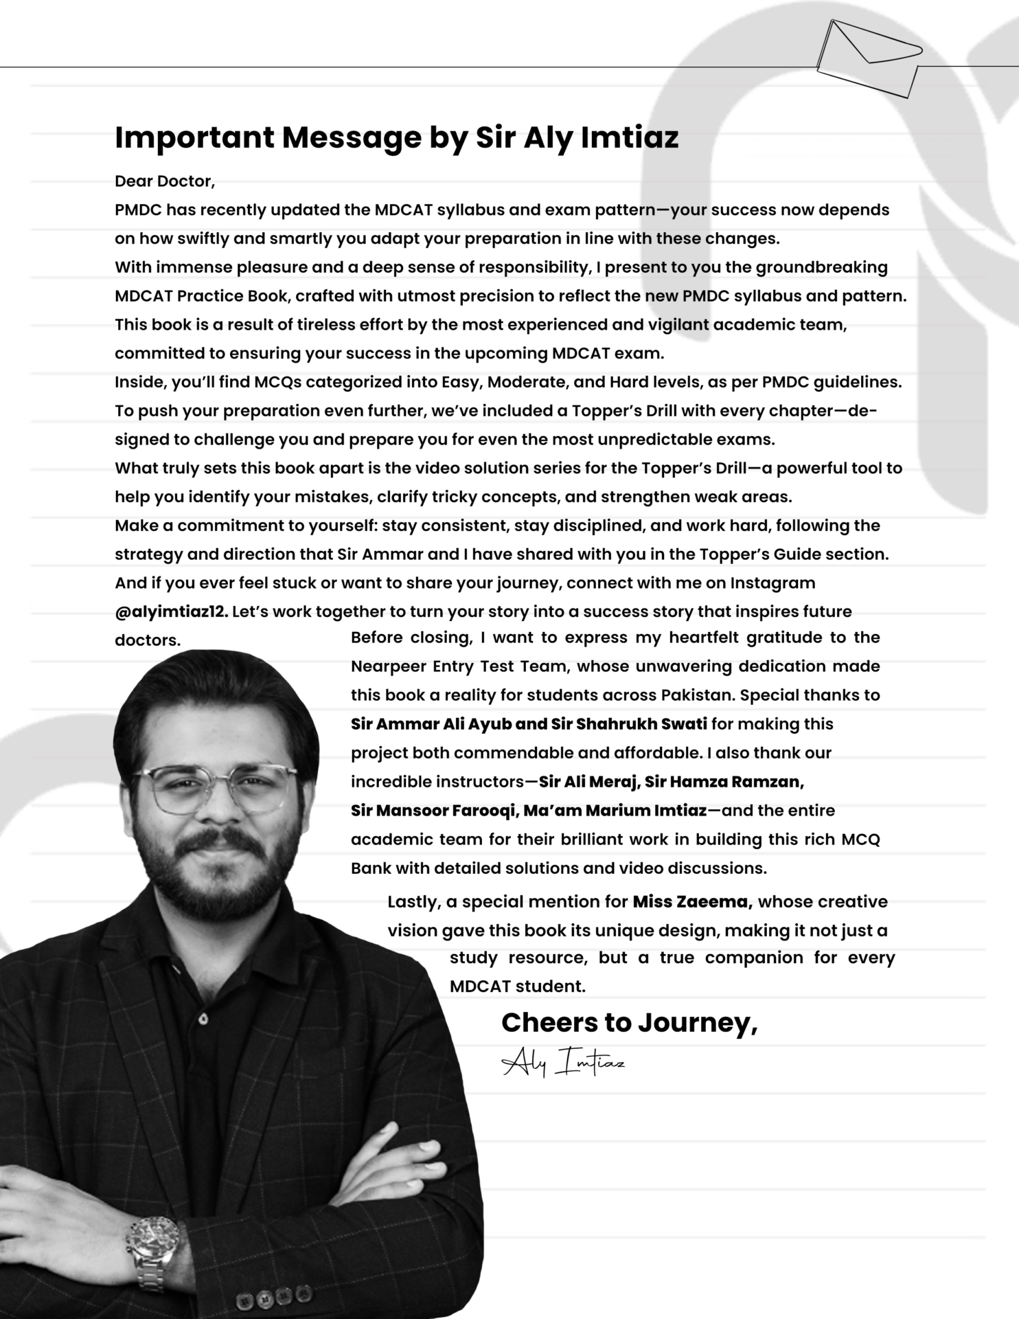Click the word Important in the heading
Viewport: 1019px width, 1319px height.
tap(194, 137)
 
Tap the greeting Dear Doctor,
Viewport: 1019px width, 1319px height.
tap(165, 181)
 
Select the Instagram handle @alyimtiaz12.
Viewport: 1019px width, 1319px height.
tap(171, 611)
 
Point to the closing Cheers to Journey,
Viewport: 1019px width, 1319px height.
tap(629, 1022)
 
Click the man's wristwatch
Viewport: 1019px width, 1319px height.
tap(153, 1241)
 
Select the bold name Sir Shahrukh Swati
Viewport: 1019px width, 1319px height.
tap(629, 724)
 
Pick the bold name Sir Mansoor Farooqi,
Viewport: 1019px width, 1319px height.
tap(434, 811)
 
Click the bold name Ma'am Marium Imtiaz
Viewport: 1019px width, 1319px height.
tap(615, 811)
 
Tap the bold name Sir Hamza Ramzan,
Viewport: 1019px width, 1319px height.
tap(724, 782)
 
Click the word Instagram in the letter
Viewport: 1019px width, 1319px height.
tap(772, 583)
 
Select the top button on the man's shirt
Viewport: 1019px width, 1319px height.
tap(203, 1019)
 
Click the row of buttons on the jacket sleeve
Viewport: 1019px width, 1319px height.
tap(266, 1299)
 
